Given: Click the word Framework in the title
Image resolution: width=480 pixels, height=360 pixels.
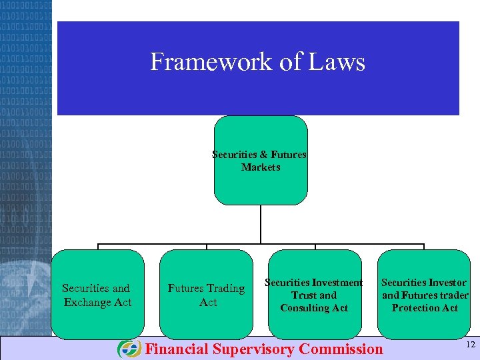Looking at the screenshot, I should pyautogui.click(x=195, y=62).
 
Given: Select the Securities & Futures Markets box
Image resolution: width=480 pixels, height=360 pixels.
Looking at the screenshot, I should pyautogui.click(x=261, y=161).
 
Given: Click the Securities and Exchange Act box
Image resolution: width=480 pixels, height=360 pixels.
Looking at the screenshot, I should pyautogui.click(x=97, y=295).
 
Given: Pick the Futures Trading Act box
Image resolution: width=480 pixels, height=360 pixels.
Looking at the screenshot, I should pyautogui.click(x=207, y=295).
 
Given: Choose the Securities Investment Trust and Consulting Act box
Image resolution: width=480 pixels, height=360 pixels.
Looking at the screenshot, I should pyautogui.click(x=315, y=295).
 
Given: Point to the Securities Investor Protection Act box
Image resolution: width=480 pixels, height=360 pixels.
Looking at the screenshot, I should pyautogui.click(x=425, y=295).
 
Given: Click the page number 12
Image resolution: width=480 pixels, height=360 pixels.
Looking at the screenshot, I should pyautogui.click(x=470, y=344).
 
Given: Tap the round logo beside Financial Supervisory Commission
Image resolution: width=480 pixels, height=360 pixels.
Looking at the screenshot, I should pyautogui.click(x=129, y=349).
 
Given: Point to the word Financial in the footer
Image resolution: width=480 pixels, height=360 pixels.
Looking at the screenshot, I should pyautogui.click(x=177, y=349).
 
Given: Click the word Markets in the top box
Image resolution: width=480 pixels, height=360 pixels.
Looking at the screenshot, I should pyautogui.click(x=261, y=167).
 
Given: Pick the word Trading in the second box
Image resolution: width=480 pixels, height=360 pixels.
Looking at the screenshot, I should pyautogui.click(x=224, y=289).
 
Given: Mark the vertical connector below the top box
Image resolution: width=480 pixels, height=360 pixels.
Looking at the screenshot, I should pyautogui.click(x=261, y=224).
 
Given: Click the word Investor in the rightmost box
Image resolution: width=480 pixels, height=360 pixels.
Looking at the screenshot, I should pyautogui.click(x=446, y=283).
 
